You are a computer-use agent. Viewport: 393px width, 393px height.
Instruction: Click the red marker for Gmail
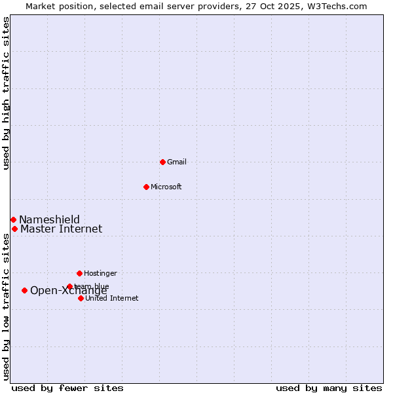coord(162,162)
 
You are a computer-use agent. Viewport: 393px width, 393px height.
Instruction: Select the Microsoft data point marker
coord(146,187)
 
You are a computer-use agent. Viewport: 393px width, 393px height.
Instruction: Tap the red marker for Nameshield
coord(13,219)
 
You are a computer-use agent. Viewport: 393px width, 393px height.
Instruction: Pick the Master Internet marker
coord(14,229)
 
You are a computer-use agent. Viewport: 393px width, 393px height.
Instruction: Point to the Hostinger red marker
coord(79,273)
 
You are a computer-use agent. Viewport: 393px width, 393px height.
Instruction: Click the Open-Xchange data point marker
coord(24,290)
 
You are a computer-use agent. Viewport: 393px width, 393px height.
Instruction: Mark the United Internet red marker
coord(81,298)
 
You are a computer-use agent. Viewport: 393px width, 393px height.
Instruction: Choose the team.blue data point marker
coord(69,286)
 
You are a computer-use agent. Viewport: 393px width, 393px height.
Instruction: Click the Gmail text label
coord(177,162)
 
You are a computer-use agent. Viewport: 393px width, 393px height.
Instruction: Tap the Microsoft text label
coord(166,187)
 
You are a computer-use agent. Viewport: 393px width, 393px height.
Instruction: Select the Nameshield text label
coord(49,219)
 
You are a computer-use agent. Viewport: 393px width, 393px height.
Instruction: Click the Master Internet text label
coord(61,229)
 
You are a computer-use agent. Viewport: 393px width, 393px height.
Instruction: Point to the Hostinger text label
coord(100,273)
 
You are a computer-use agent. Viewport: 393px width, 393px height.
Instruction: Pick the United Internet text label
coord(112,298)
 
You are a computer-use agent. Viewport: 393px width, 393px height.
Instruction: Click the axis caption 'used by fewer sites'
coord(67,388)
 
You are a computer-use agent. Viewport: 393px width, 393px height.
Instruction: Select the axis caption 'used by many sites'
coord(329,388)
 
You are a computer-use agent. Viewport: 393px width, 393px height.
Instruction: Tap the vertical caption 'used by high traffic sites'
coord(6,93)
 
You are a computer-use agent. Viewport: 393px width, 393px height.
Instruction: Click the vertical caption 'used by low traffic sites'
coord(6,305)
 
